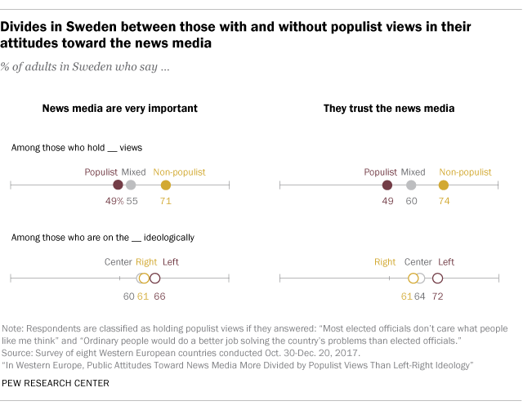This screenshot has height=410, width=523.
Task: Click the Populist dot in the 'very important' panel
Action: click(118, 185)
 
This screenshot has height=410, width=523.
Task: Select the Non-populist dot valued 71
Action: click(166, 185)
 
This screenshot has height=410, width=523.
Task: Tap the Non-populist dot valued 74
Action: click(444, 185)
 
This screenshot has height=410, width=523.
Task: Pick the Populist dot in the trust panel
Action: click(387, 185)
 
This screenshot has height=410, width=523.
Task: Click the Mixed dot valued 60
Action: click(411, 185)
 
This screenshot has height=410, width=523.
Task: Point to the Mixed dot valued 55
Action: click(131, 185)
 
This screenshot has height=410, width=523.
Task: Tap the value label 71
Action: click(166, 200)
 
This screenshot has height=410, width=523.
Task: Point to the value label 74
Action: click(444, 200)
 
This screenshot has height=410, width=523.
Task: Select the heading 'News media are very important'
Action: click(120, 108)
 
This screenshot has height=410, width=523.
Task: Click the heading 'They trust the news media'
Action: click(389, 108)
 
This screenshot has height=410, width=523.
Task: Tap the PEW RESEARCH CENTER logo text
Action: click(56, 382)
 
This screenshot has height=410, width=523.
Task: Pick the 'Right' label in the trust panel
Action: click(385, 262)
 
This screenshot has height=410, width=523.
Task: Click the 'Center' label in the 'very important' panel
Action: click(118, 262)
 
